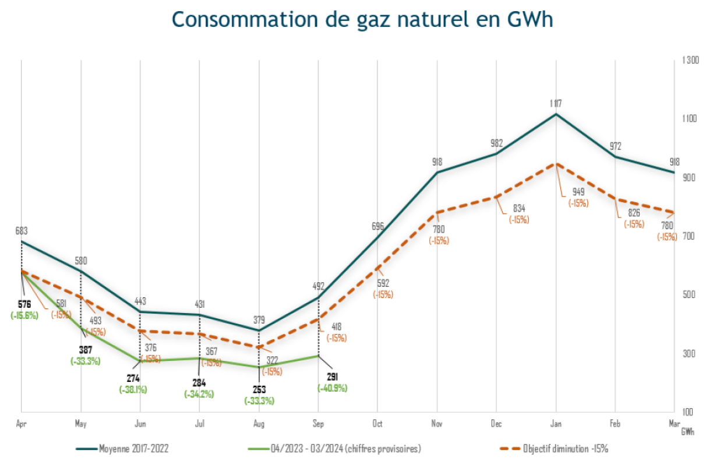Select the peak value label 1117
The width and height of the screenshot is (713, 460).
(x=556, y=103)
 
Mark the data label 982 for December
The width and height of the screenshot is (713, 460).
(x=496, y=143)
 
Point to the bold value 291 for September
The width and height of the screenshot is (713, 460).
(x=332, y=377)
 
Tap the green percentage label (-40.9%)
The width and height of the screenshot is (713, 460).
(x=332, y=388)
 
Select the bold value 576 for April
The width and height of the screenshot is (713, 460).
(x=22, y=304)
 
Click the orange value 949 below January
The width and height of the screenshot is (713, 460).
(x=578, y=192)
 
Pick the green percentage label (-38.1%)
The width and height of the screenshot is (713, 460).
(x=133, y=389)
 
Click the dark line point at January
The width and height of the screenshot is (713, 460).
(x=556, y=114)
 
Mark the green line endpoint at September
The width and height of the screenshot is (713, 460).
(x=319, y=356)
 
